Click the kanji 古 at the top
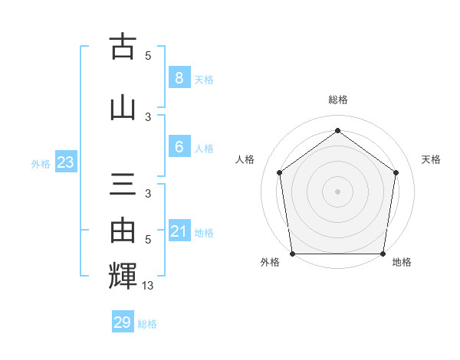click(x=123, y=47)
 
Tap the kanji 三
click(x=123, y=185)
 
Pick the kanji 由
click(x=123, y=231)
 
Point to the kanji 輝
click(x=123, y=275)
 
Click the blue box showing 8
click(x=179, y=78)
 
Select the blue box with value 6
click(x=179, y=147)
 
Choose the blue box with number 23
click(x=65, y=162)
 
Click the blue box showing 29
click(x=123, y=322)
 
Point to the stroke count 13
click(x=149, y=286)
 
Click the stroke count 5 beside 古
click(x=148, y=56)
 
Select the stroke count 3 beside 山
click(x=148, y=117)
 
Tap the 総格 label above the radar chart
click(x=338, y=100)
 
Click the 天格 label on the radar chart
click(x=431, y=159)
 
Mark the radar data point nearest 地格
click(x=383, y=254)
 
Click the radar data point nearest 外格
click(x=292, y=254)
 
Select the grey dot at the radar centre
click(x=337, y=191)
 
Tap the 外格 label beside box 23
click(x=41, y=163)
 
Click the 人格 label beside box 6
click(x=204, y=149)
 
